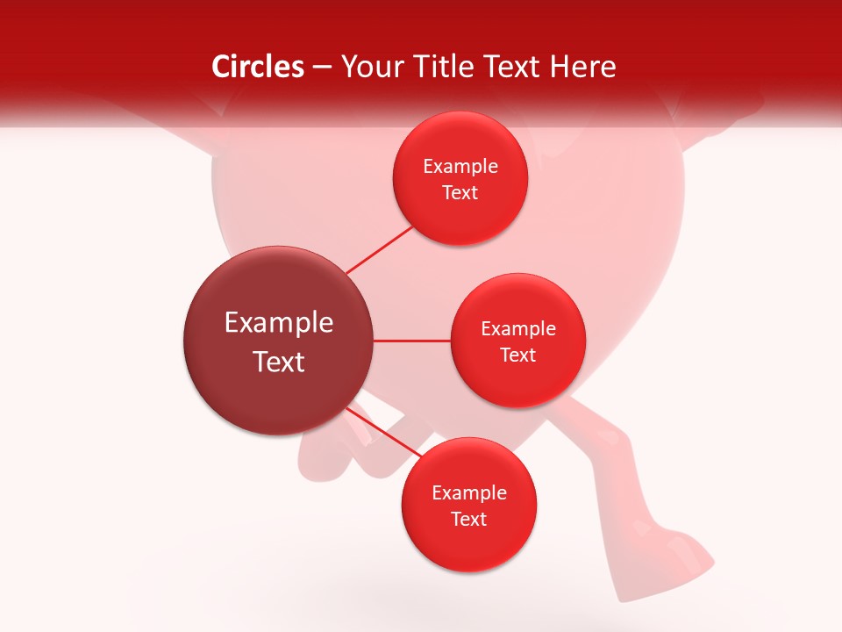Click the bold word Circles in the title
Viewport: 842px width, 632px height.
(x=257, y=67)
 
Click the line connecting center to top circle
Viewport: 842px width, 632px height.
(x=379, y=250)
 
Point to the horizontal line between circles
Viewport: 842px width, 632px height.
(x=411, y=341)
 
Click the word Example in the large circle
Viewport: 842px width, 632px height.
(x=279, y=323)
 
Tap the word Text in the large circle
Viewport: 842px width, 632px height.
(x=279, y=362)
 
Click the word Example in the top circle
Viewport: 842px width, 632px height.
(x=460, y=167)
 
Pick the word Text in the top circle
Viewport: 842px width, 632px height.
(x=460, y=193)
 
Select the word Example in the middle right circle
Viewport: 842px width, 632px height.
(x=518, y=329)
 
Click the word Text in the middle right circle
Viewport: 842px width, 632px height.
(x=518, y=355)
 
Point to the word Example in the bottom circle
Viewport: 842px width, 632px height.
(x=469, y=493)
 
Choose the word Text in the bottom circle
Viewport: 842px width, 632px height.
(x=469, y=520)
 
